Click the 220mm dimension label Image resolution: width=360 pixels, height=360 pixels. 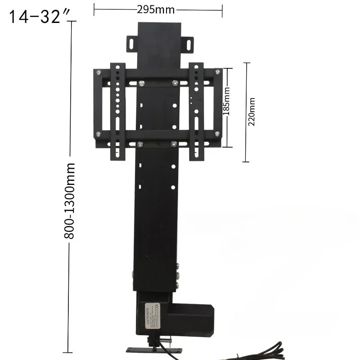pyautogui.click(x=252, y=112)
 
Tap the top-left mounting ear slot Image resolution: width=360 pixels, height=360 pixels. pyautogui.click(x=130, y=42)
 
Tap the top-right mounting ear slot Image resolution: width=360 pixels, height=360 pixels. pyautogui.click(x=186, y=42)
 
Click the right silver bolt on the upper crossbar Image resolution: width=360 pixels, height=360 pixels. pyautogui.click(x=175, y=83)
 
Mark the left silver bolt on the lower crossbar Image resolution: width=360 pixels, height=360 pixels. pyautogui.click(x=140, y=144)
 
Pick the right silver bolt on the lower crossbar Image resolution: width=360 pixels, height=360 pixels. pyautogui.click(x=174, y=144)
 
